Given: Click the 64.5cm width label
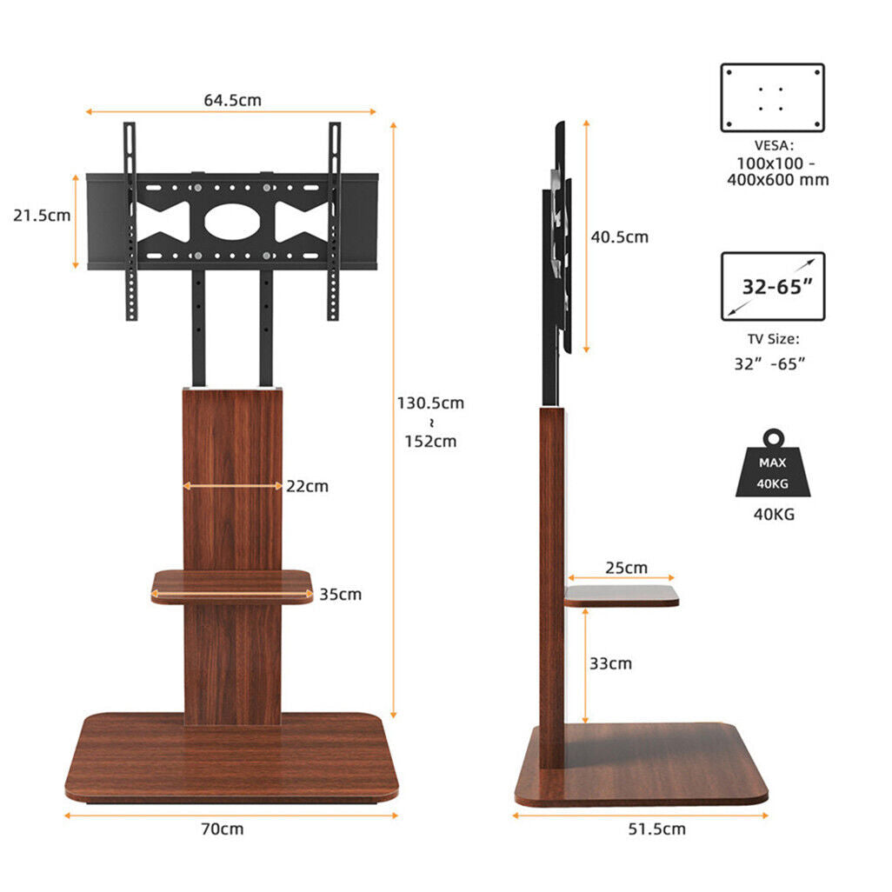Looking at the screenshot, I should (x=232, y=100).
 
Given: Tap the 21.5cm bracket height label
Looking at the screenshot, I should (x=42, y=215).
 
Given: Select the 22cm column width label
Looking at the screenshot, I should (x=307, y=486).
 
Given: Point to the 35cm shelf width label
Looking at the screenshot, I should (x=340, y=595).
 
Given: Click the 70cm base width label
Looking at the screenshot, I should (x=223, y=829).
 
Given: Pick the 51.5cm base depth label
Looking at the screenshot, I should (x=657, y=829).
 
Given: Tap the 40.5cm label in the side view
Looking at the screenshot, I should (x=620, y=236).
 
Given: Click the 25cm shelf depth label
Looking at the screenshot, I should (x=627, y=568).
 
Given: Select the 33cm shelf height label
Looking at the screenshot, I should (x=610, y=663).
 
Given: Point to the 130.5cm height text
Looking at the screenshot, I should (x=430, y=403).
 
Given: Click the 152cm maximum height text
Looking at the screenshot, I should (x=430, y=441).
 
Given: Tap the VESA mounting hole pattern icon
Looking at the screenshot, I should (x=772, y=97).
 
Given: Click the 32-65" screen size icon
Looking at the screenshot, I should (x=772, y=286).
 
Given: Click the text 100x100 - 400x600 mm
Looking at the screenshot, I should (x=777, y=172).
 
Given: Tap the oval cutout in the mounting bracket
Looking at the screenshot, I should (x=232, y=221).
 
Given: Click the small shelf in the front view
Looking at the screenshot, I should (x=232, y=587).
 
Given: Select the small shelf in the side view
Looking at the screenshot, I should (x=621, y=596).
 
